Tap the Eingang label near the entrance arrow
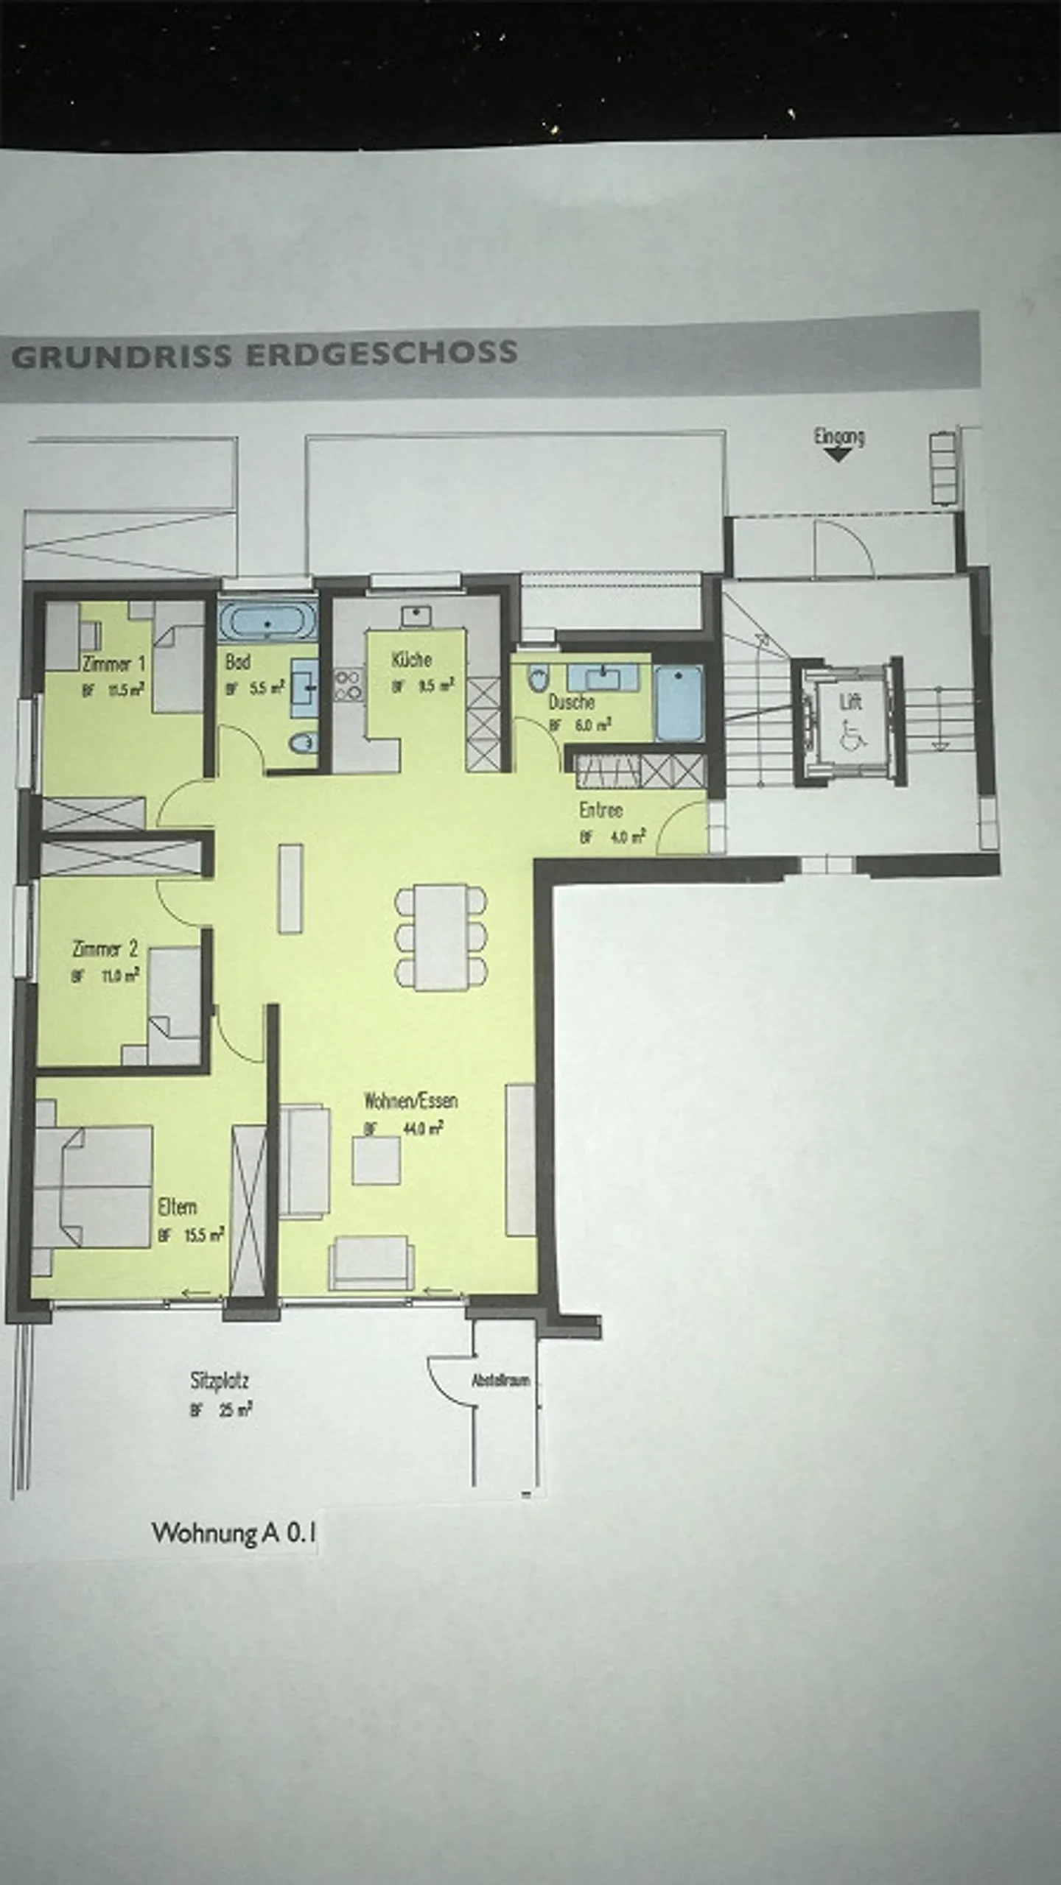click(838, 436)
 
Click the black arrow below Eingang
click(838, 455)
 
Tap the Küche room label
click(411, 659)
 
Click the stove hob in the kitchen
click(349, 684)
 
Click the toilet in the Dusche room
click(539, 676)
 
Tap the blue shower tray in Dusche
click(679, 703)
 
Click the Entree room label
click(600, 810)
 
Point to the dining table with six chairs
click(441, 937)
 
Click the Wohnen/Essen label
click(410, 1101)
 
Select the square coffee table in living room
click(376, 1160)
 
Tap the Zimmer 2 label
click(105, 948)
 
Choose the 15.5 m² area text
click(203, 1235)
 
